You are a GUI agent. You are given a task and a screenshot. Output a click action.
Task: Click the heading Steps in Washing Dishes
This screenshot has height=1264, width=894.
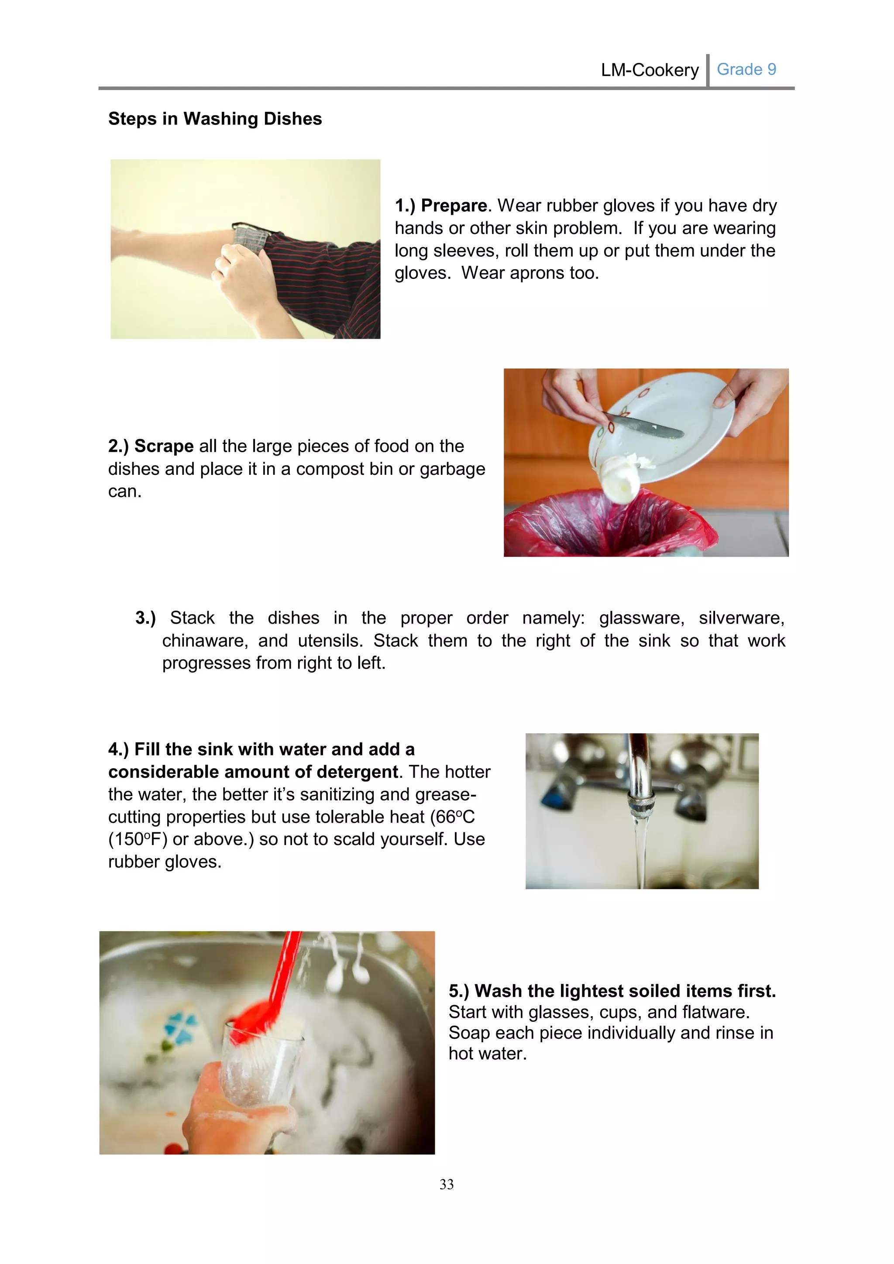coord(215,119)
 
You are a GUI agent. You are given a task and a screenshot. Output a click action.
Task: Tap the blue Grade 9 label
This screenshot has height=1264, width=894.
coord(746,69)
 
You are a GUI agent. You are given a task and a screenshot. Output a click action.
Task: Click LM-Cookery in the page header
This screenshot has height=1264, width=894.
coord(650,70)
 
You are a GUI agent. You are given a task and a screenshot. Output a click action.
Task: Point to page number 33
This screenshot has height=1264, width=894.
coord(447,1184)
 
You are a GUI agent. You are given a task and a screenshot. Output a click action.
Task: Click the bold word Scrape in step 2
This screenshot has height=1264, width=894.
coord(164,446)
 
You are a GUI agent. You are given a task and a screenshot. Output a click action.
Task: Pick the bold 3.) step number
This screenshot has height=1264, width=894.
coord(145,618)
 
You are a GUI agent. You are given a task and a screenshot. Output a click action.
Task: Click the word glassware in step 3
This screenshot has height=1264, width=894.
coord(641,618)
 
